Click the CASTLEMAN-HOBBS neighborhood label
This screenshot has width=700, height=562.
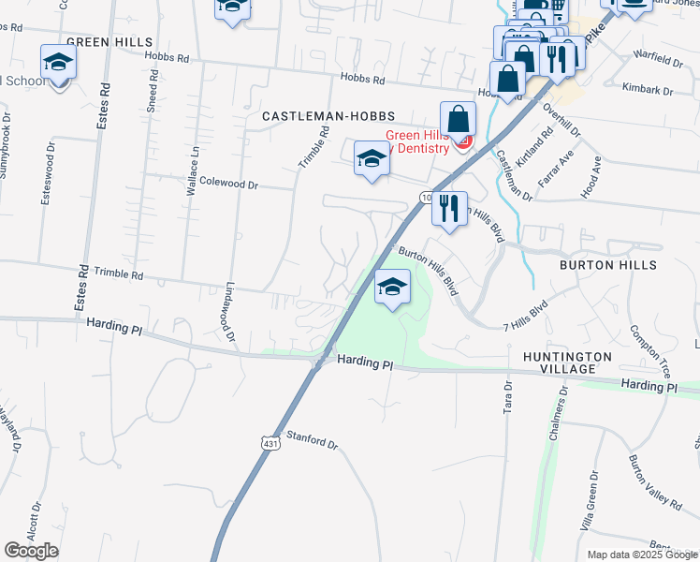pyautogui.click(x=321, y=115)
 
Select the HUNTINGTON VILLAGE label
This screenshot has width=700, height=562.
pyautogui.click(x=567, y=363)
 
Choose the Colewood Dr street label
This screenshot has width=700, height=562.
pyautogui.click(x=228, y=185)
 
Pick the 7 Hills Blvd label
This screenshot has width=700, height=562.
pyautogui.click(x=524, y=314)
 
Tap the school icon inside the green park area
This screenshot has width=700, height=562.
pyautogui.click(x=392, y=288)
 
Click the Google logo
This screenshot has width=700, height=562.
pyautogui.click(x=32, y=551)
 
